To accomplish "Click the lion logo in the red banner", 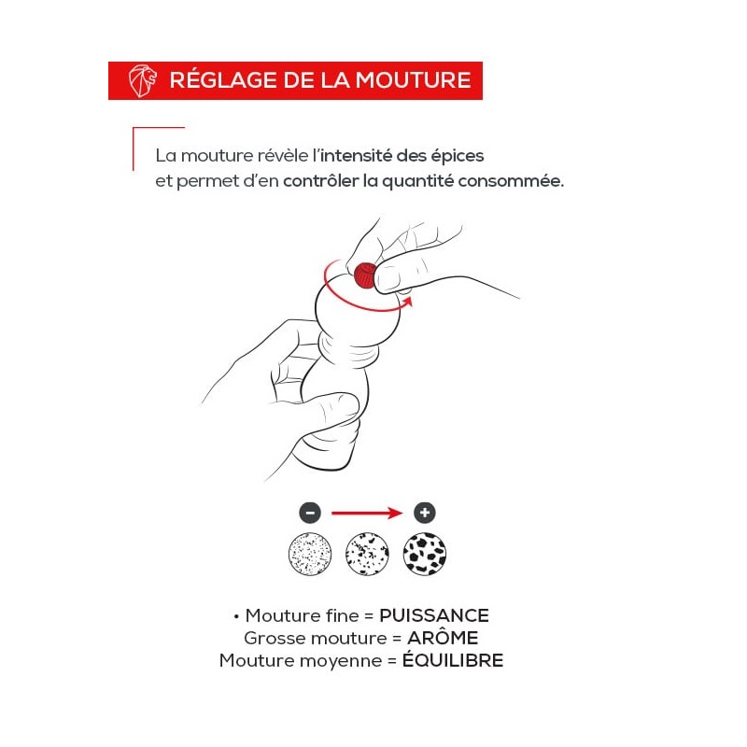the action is [143, 80].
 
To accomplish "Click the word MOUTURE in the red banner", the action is [413, 80].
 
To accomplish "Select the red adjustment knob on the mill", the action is [365, 275].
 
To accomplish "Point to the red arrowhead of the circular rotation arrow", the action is [407, 302].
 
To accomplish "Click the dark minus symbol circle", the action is [310, 513].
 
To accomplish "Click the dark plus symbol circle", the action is [425, 513].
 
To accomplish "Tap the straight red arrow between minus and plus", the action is [367, 513].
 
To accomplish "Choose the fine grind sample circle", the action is [310, 554].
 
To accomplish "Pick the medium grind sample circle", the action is [367, 554].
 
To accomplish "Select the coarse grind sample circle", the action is [425, 554].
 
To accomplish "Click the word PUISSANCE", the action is [434, 615].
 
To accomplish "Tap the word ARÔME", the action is [443, 638].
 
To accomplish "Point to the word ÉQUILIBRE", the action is [453, 660].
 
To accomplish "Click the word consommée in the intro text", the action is [511, 181].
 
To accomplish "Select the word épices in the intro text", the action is [458, 156].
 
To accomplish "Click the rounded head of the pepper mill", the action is [358, 310].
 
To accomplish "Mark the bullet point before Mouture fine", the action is [236, 617].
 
